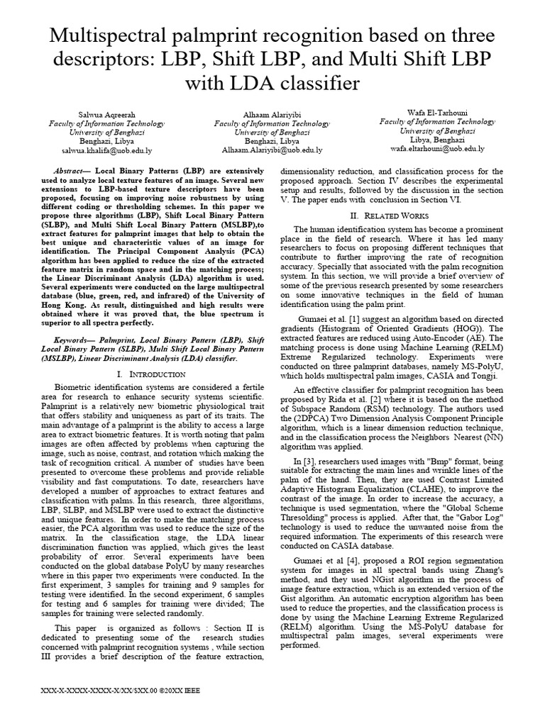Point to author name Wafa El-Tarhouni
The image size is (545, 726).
point(436,113)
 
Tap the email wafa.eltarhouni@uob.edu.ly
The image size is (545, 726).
point(436,148)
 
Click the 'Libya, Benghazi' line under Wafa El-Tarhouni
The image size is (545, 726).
point(436,140)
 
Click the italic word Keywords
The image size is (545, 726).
point(73,340)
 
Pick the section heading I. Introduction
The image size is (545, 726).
point(140,374)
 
